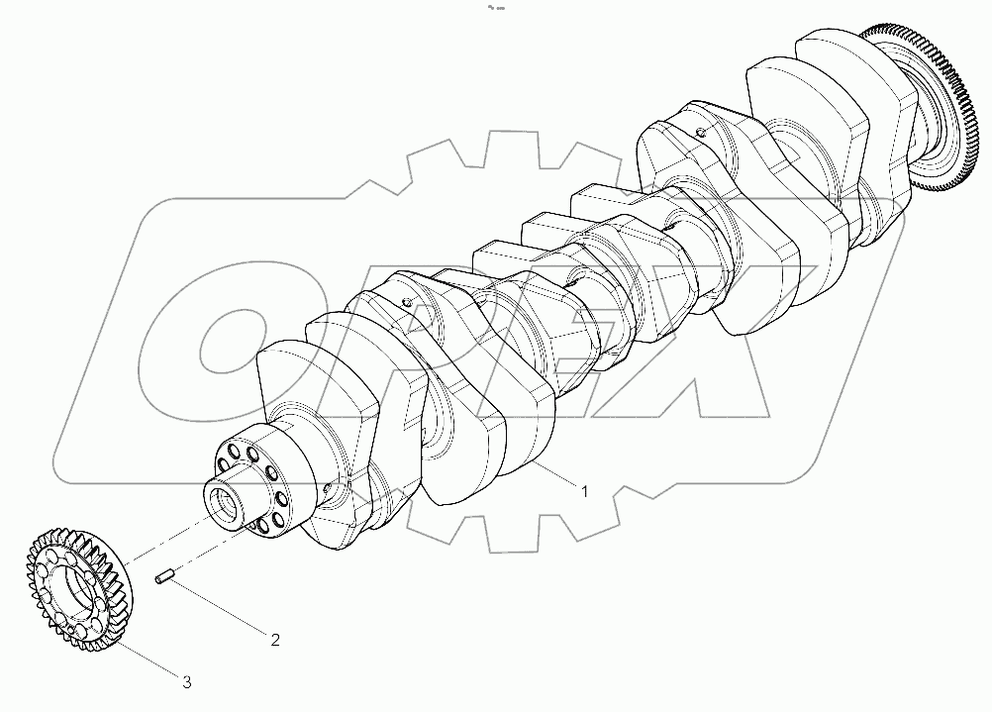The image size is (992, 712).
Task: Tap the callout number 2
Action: click(x=275, y=639)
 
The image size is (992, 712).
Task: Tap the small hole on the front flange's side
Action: click(x=325, y=487)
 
